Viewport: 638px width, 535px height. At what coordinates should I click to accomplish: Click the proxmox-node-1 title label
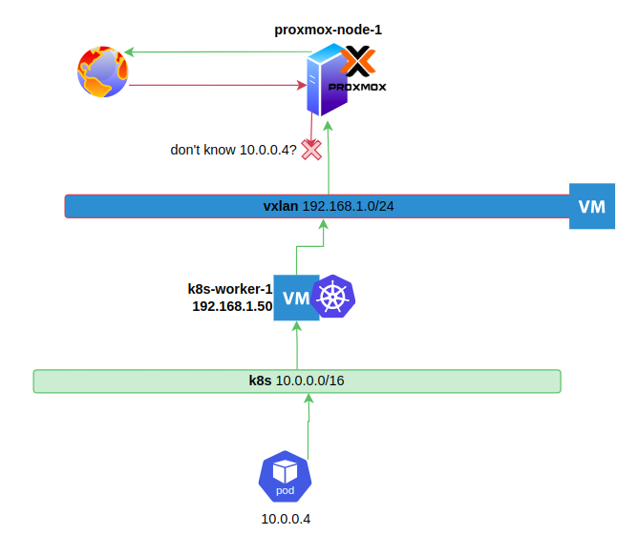pos(328,31)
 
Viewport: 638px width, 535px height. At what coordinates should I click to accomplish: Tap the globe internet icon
pos(103,72)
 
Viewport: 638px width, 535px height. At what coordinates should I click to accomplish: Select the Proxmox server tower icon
pos(326,80)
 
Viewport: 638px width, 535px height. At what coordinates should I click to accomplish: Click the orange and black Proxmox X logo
pos(357,61)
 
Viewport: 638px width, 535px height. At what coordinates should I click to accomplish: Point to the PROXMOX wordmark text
pos(357,87)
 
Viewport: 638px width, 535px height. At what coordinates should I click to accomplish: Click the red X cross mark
pos(311,150)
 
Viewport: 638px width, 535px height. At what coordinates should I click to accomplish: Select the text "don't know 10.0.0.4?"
pos(234,150)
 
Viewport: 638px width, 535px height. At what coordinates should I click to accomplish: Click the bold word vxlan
pos(281,206)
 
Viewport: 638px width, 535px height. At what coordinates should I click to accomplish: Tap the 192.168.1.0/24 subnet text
pos(349,206)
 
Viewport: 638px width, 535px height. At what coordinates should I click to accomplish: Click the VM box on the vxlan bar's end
pos(592,206)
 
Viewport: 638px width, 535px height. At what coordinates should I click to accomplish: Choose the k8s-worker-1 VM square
pos(296,298)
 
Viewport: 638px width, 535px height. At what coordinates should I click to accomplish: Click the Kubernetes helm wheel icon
pos(333,297)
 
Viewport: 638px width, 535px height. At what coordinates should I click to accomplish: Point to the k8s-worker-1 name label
pos(230,289)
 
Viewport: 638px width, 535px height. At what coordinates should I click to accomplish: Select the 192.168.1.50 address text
pos(232,306)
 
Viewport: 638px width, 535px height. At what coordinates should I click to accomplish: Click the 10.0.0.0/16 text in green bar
pos(310,381)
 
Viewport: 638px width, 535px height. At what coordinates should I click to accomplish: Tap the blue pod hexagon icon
pos(286,477)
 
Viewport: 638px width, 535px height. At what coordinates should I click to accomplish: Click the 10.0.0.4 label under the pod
pos(286,519)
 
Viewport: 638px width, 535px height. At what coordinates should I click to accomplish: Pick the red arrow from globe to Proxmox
pos(218,85)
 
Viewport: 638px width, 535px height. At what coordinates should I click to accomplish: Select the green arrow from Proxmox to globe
pos(218,52)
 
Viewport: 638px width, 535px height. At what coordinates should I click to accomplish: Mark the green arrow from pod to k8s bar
pos(308,426)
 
